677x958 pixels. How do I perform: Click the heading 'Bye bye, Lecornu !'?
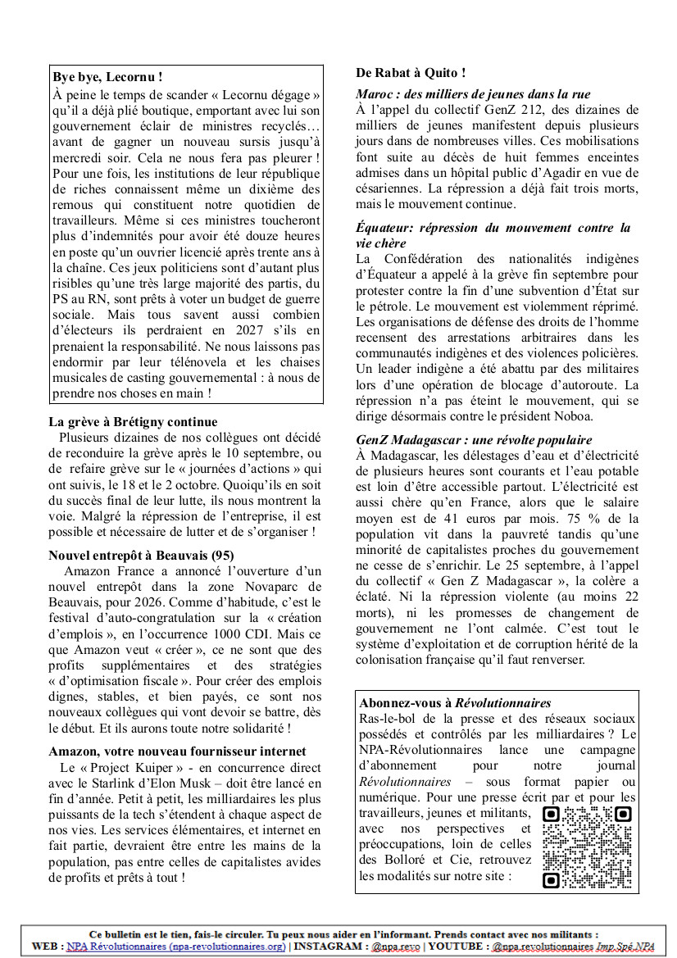click(107, 77)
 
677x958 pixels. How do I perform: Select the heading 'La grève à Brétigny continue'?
click(133, 422)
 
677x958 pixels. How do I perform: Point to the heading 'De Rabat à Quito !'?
click(411, 73)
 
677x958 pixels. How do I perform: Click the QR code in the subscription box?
click(588, 847)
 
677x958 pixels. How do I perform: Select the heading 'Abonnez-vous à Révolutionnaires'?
click(455, 703)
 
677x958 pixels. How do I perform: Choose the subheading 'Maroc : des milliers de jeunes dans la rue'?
click(473, 94)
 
